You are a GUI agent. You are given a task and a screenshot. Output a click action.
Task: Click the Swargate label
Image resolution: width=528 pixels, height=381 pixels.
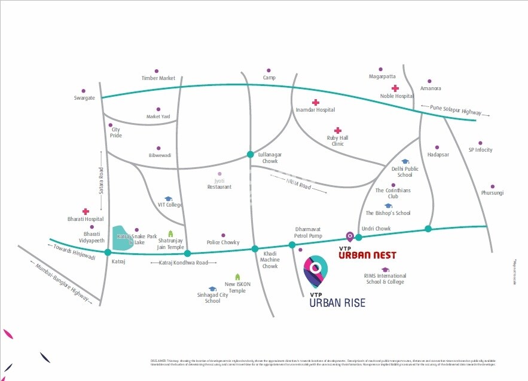tap(84, 97)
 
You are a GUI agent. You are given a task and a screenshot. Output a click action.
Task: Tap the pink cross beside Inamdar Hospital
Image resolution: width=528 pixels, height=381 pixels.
tap(316, 102)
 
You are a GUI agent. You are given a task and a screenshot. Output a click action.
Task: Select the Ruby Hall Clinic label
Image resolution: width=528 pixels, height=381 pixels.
tap(337, 140)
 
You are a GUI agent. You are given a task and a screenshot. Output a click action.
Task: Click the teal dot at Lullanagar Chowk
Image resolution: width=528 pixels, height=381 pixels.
tap(251, 155)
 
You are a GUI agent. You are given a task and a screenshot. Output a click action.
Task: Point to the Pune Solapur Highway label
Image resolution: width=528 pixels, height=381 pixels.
tap(456, 112)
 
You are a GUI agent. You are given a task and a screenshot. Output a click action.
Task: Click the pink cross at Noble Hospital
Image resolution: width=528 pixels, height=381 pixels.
tap(395, 88)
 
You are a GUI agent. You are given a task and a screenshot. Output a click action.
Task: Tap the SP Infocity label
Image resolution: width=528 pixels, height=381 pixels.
tap(480, 150)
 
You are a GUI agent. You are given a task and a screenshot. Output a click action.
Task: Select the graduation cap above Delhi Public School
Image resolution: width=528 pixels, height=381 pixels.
tap(405, 161)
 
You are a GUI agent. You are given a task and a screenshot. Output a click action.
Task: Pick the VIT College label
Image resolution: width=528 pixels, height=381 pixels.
tap(170, 205)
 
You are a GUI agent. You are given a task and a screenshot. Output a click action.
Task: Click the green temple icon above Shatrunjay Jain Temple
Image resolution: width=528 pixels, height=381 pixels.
tap(170, 233)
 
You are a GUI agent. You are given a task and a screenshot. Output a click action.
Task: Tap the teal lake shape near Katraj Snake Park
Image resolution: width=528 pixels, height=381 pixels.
tap(122, 237)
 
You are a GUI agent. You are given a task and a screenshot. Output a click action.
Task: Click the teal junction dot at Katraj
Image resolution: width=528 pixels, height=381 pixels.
tap(108, 252)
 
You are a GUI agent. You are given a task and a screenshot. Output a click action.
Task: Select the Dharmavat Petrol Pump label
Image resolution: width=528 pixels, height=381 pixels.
tap(309, 232)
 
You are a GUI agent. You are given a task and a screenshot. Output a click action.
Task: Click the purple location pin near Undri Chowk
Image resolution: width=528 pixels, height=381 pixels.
tap(350, 236)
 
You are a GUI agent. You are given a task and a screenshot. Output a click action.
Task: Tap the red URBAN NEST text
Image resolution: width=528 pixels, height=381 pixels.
tap(367, 255)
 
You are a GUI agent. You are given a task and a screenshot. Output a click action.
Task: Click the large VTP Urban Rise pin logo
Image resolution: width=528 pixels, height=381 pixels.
tap(316, 272)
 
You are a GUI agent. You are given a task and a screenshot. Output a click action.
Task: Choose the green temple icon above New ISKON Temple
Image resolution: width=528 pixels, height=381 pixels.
tap(237, 276)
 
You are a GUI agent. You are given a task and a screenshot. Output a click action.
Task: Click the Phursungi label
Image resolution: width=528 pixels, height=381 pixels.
tap(492, 193)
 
